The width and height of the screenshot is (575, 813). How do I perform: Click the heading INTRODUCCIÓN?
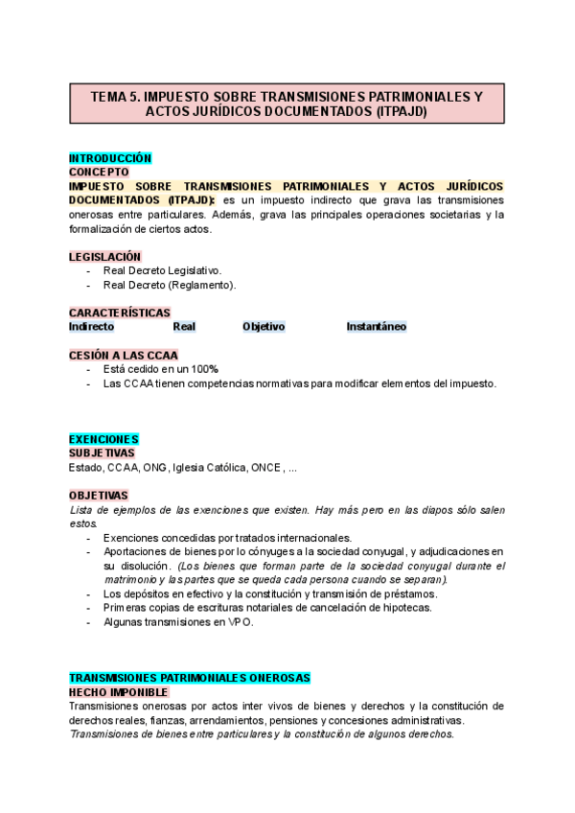pyautogui.click(x=110, y=157)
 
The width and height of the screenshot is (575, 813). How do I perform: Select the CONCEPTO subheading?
pyautogui.click(x=99, y=172)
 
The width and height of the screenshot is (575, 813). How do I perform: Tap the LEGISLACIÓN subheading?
pyautogui.click(x=104, y=257)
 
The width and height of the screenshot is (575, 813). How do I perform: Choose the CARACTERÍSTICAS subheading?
pyautogui.click(x=120, y=313)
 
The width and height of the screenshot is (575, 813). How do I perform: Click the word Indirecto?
pyautogui.click(x=91, y=327)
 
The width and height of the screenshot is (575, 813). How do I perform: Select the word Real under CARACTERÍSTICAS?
pyautogui.click(x=184, y=327)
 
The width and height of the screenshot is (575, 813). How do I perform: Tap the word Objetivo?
pyautogui.click(x=264, y=327)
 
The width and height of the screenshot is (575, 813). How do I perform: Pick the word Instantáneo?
pyautogui.click(x=377, y=327)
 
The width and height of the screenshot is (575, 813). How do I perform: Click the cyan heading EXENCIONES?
pyautogui.click(x=103, y=439)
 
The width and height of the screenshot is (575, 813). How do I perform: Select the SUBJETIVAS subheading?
pyautogui.click(x=102, y=453)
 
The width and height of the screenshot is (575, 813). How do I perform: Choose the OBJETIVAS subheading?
pyautogui.click(x=98, y=496)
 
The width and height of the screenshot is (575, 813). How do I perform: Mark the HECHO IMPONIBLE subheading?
pyautogui.click(x=119, y=692)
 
